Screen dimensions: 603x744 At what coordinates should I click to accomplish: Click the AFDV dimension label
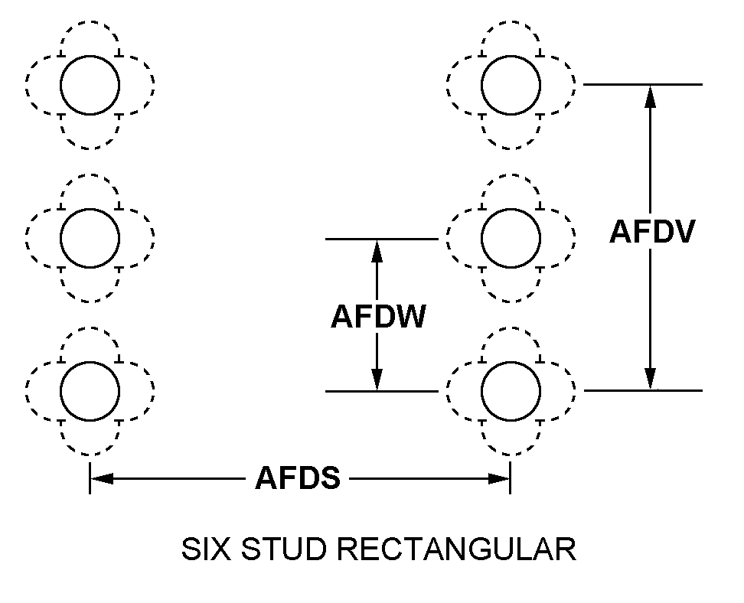click(x=652, y=232)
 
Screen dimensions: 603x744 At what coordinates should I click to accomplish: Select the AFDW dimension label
click(x=377, y=316)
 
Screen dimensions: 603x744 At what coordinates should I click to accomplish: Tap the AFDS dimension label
click(x=298, y=480)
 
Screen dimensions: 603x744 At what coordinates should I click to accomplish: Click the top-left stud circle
click(x=90, y=84)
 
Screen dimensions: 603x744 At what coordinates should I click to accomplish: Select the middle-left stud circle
click(x=90, y=237)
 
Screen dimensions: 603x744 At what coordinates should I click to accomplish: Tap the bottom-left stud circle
click(x=90, y=390)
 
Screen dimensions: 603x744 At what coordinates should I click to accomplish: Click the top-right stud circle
click(x=511, y=84)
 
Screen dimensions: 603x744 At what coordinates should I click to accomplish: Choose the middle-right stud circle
click(x=511, y=237)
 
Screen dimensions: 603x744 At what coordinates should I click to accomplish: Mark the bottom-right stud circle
click(x=511, y=390)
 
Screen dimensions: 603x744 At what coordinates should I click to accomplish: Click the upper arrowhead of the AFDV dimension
click(x=650, y=95)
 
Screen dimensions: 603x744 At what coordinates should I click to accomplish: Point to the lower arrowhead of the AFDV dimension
click(x=650, y=380)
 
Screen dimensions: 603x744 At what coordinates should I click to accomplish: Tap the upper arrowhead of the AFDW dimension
click(x=377, y=250)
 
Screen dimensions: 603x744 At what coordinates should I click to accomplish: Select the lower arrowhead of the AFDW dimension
click(x=377, y=380)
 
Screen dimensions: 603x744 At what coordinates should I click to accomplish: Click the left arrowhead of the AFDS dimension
click(x=102, y=480)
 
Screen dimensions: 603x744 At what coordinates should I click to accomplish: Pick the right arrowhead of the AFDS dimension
click(x=499, y=480)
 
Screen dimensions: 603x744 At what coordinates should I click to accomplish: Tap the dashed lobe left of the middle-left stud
click(x=38, y=237)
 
